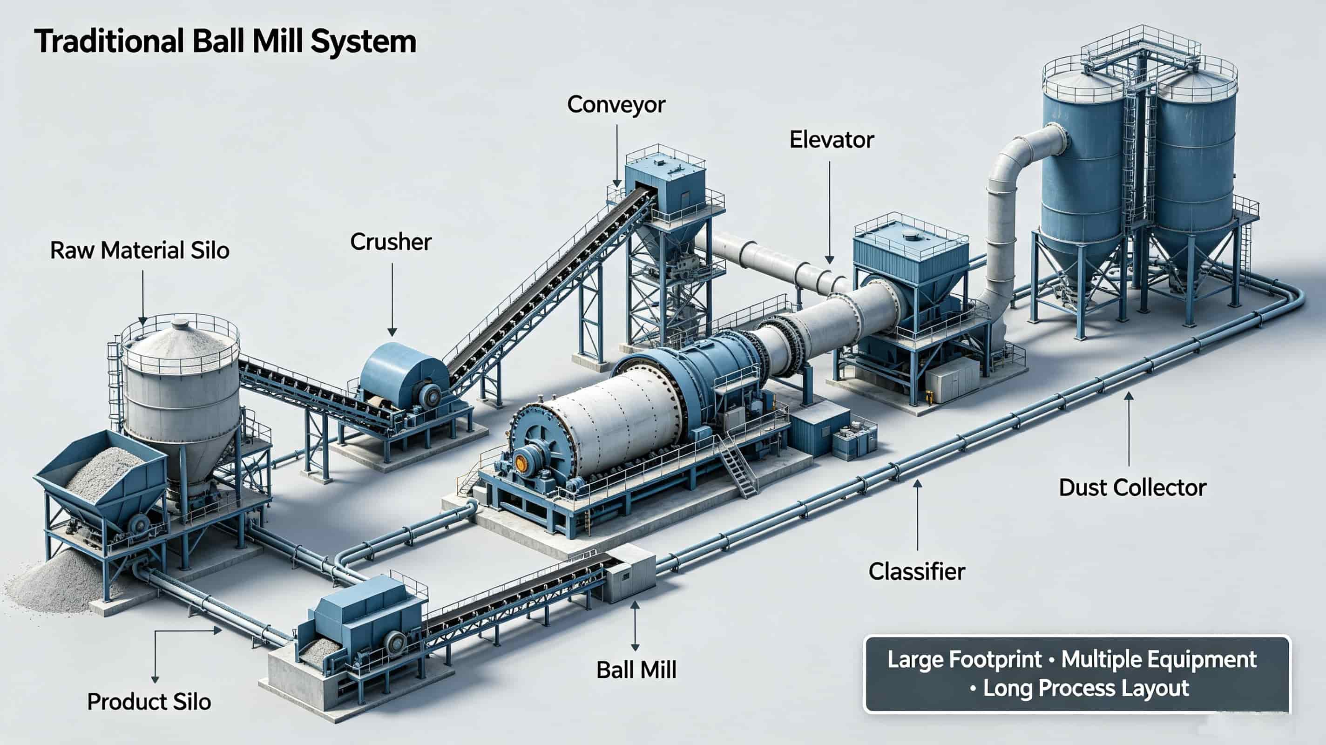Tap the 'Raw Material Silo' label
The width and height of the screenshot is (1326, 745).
click(x=140, y=251)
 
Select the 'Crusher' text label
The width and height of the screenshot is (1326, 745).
click(x=391, y=242)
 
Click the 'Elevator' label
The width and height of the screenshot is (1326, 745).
click(x=832, y=140)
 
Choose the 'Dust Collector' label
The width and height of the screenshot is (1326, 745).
click(x=1132, y=488)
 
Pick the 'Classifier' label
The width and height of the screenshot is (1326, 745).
click(x=917, y=571)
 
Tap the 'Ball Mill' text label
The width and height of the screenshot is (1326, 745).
click(x=636, y=670)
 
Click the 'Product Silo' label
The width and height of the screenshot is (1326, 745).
click(x=149, y=702)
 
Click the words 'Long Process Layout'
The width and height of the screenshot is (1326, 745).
click(x=1086, y=688)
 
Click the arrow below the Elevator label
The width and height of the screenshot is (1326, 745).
click(x=829, y=212)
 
